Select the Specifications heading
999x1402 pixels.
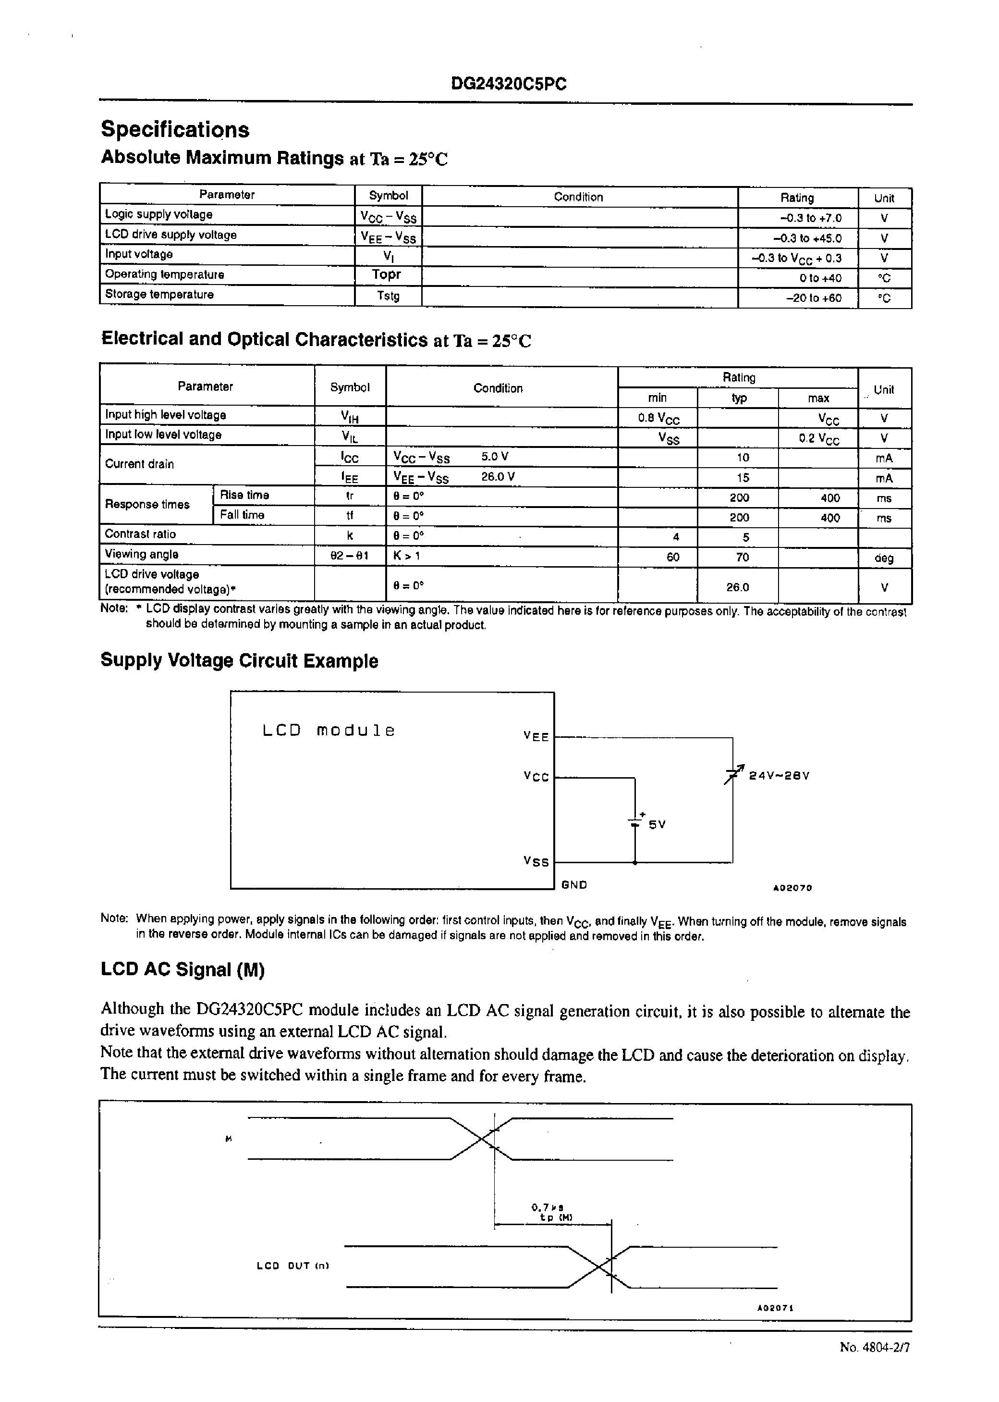pyautogui.click(x=175, y=129)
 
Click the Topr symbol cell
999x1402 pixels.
pyautogui.click(x=386, y=274)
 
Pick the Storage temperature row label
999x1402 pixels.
pyautogui.click(x=159, y=294)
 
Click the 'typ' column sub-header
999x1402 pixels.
pyautogui.click(x=739, y=398)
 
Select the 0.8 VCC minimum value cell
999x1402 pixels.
pyautogui.click(x=658, y=419)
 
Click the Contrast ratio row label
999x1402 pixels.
pyautogui.click(x=140, y=534)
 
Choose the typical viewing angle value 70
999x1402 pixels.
pyautogui.click(x=743, y=557)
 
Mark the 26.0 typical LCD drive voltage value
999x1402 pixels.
pyautogui.click(x=738, y=587)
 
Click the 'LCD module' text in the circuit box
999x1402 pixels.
pyautogui.click(x=329, y=731)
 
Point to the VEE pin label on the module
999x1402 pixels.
pyautogui.click(x=536, y=736)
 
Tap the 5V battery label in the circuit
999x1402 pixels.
pyautogui.click(x=657, y=825)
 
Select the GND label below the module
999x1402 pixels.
pyautogui.click(x=574, y=885)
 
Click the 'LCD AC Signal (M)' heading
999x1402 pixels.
pyautogui.click(x=183, y=970)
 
